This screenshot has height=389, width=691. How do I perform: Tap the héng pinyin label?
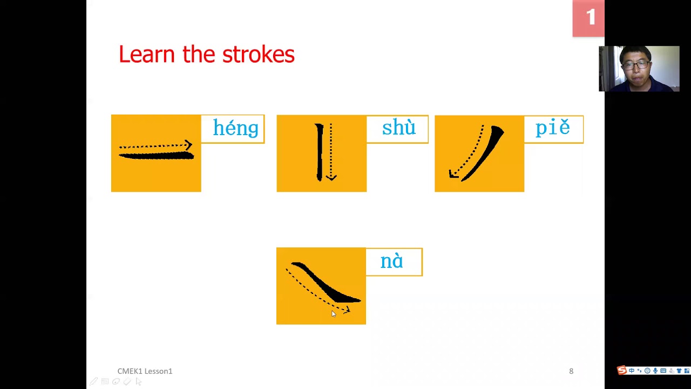pyautogui.click(x=235, y=129)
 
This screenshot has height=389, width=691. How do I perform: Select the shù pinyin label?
pyautogui.click(x=398, y=128)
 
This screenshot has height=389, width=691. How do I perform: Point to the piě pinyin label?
pyautogui.click(x=552, y=128)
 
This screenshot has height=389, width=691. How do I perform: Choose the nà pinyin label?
pyautogui.click(x=392, y=261)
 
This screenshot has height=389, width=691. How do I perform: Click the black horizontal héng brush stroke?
pyautogui.click(x=156, y=156)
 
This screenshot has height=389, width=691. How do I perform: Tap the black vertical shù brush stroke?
pyautogui.click(x=320, y=152)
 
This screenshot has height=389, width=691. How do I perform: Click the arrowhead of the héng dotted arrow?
pyautogui.click(x=188, y=145)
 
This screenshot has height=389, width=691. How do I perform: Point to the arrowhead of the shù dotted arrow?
pyautogui.click(x=331, y=177)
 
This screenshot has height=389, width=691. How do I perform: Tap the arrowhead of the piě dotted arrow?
pyautogui.click(x=452, y=174)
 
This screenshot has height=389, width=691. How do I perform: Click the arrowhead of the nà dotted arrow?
pyautogui.click(x=347, y=310)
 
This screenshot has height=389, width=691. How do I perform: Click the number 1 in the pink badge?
pyautogui.click(x=590, y=18)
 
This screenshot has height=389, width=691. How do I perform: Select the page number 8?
pyautogui.click(x=571, y=371)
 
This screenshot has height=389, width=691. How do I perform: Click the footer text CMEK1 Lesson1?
pyautogui.click(x=145, y=371)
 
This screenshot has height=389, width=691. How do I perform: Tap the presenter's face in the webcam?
pyautogui.click(x=635, y=65)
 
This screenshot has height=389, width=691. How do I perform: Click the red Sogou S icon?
pyautogui.click(x=622, y=370)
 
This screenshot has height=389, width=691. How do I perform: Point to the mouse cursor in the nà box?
pyautogui.click(x=333, y=314)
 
